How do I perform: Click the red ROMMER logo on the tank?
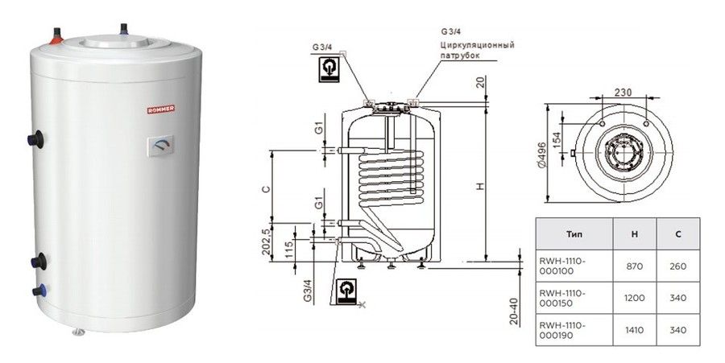coord(161,109)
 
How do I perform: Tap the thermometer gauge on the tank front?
coord(161,146)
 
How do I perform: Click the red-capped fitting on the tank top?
coord(57,36)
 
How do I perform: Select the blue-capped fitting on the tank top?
coord(124,29)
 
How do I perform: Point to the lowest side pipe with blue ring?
coord(39,291)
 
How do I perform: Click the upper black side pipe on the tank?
coord(35,139)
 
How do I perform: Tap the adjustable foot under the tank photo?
coord(79,332)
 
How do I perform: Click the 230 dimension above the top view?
coord(623,92)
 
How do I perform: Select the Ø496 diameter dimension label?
coord(541,154)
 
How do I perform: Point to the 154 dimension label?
coord(556,140)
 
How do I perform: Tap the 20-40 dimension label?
coord(514,311)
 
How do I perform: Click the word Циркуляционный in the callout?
coord(476,45)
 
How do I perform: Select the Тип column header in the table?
coord(574,234)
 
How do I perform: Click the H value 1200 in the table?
coord(634,298)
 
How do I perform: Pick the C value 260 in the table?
coord(677,266)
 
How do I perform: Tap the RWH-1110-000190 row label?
coord(562,330)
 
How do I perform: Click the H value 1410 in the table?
coord(634,330)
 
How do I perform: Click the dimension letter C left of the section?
coord(265,189)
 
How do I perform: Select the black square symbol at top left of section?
coord(329,70)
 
